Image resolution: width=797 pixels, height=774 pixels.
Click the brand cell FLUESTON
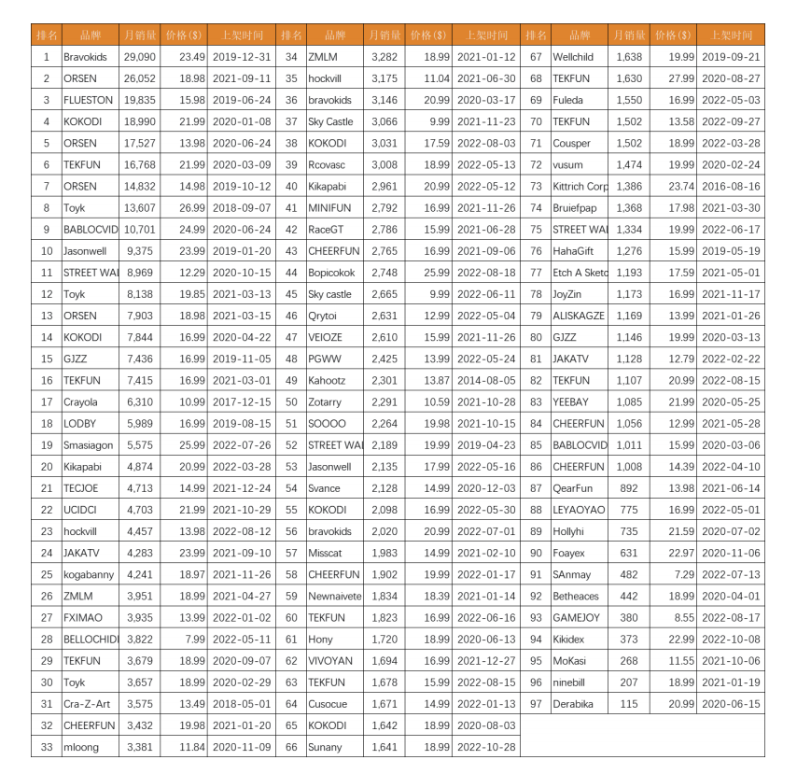89,100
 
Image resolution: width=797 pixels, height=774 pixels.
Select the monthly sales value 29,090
140,57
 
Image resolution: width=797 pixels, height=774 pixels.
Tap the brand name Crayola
80,402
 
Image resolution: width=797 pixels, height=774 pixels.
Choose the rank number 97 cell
536,705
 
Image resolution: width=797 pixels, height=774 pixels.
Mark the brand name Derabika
573,705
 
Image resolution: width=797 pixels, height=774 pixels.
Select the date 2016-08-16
731,187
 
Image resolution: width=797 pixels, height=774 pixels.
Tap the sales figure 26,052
140,78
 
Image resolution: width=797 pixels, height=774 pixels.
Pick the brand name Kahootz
327,381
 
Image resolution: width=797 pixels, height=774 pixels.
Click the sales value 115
632,705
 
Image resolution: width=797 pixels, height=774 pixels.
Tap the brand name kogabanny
89,575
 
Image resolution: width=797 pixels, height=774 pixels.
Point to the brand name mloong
80,748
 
